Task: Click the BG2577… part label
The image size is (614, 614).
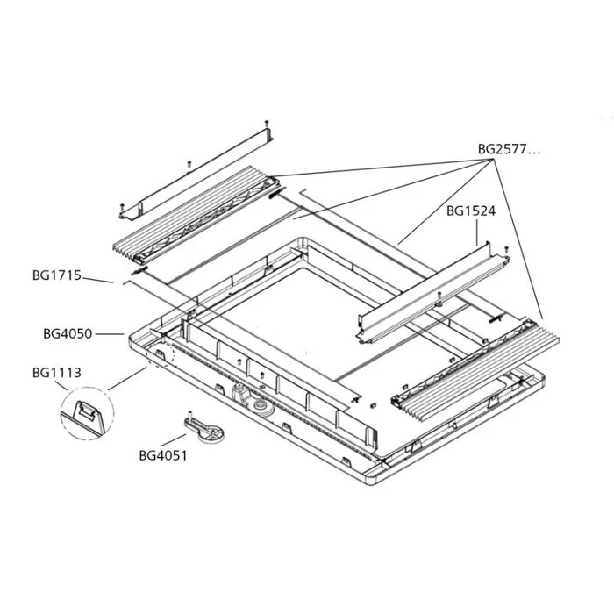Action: pos(509,149)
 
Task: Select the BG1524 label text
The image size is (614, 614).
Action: pos(471,211)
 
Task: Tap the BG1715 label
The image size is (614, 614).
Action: pos(56,275)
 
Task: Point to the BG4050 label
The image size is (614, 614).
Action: pos(68,333)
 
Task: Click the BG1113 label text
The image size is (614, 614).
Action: pos(56,373)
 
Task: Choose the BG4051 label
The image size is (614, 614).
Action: pos(163,456)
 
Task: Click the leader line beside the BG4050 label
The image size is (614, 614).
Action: pos(110,333)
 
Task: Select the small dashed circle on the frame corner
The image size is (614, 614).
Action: pos(162,351)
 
